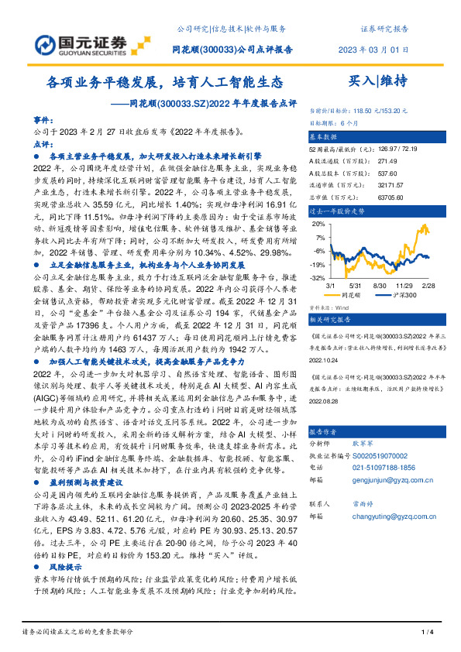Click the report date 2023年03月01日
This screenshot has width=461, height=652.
(373, 50)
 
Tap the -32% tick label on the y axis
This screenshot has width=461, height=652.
(317, 277)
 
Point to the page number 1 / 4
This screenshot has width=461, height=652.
(426, 632)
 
